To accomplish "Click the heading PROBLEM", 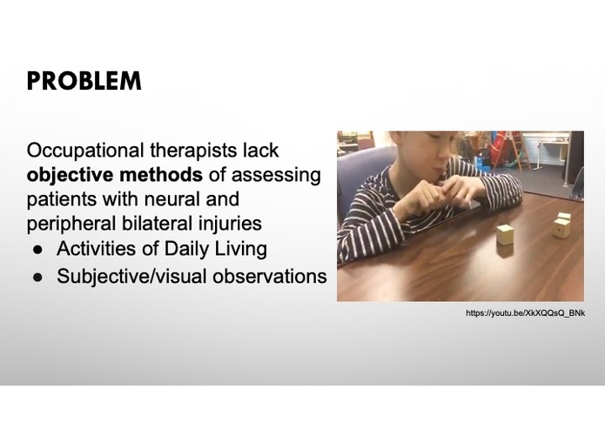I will (84, 81).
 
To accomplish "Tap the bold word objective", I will (70, 175).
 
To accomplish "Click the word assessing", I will (279, 175).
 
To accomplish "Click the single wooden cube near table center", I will (504, 233).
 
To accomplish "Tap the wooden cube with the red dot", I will (561, 226).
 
